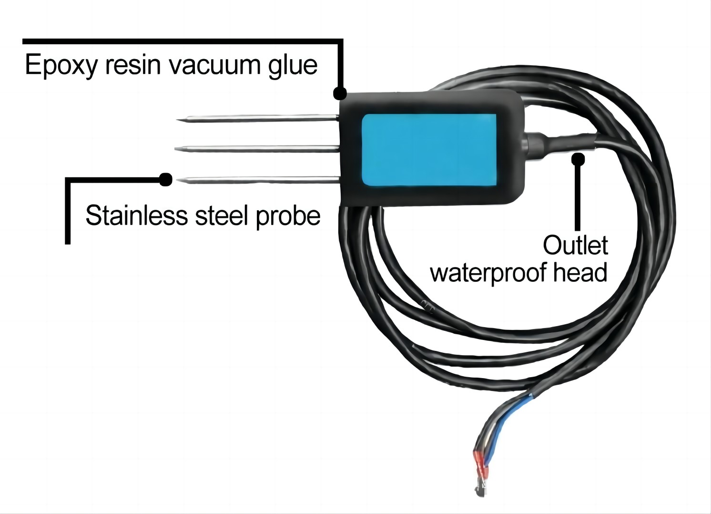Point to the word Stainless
(x=136, y=216)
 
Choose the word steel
(x=222, y=216)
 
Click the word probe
(x=287, y=216)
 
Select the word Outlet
(x=575, y=246)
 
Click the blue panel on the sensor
(x=429, y=149)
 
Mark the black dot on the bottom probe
(x=165, y=179)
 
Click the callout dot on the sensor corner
(x=339, y=93)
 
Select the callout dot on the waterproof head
(x=578, y=158)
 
